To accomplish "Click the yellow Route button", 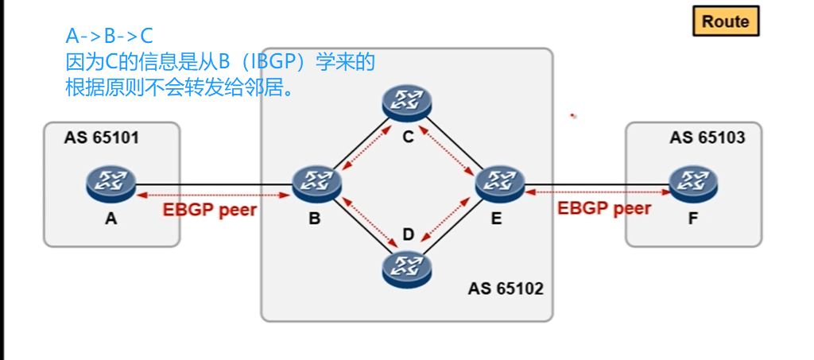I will [x=726, y=21].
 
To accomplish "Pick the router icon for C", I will [x=406, y=101].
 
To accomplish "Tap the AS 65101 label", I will [x=102, y=137].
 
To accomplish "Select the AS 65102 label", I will [x=506, y=288].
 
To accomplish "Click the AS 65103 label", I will [x=707, y=137].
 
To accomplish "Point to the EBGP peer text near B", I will [x=210, y=211].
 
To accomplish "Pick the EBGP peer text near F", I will [x=604, y=209].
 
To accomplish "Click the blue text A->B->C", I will [x=109, y=36].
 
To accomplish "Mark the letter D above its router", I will [x=409, y=234].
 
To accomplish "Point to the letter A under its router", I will [x=110, y=219].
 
